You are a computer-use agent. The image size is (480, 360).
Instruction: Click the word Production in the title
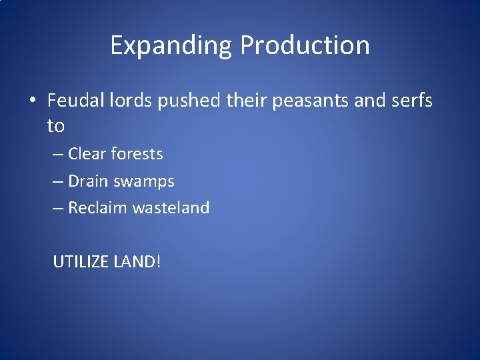tap(305, 45)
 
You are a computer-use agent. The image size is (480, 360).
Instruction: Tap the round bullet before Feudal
tap(32, 101)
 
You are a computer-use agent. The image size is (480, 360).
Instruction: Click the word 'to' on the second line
tap(56, 125)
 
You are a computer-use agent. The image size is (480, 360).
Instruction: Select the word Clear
tap(87, 154)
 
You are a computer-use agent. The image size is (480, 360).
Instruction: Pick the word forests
tap(137, 154)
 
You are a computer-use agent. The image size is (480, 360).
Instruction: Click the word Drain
tap(88, 181)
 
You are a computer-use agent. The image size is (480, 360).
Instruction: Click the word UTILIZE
tap(80, 261)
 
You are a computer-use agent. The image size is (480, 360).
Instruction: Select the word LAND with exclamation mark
tap(137, 261)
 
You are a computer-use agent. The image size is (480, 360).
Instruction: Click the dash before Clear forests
tap(59, 155)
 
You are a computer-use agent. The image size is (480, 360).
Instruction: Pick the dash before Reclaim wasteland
tap(59, 209)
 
